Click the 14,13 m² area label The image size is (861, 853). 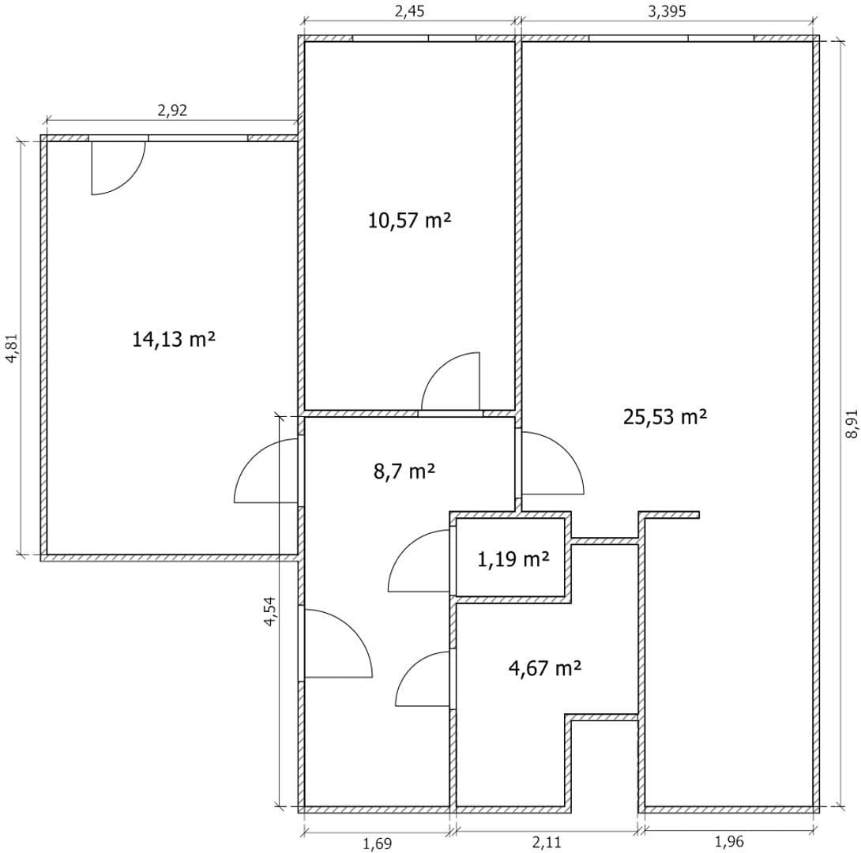pos(174,340)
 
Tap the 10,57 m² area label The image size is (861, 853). pos(409,220)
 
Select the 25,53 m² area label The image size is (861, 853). pos(664,416)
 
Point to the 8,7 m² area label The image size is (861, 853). pos(404,472)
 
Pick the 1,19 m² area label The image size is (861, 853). pos(513,560)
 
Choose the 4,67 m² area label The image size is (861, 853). pos(545,668)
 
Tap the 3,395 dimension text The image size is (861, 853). pos(666,11)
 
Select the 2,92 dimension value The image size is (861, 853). pos(172,110)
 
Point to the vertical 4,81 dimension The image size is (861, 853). pos(11,348)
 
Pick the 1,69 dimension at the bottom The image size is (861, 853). pos(377,843)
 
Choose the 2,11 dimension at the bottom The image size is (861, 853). pos(547,843)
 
